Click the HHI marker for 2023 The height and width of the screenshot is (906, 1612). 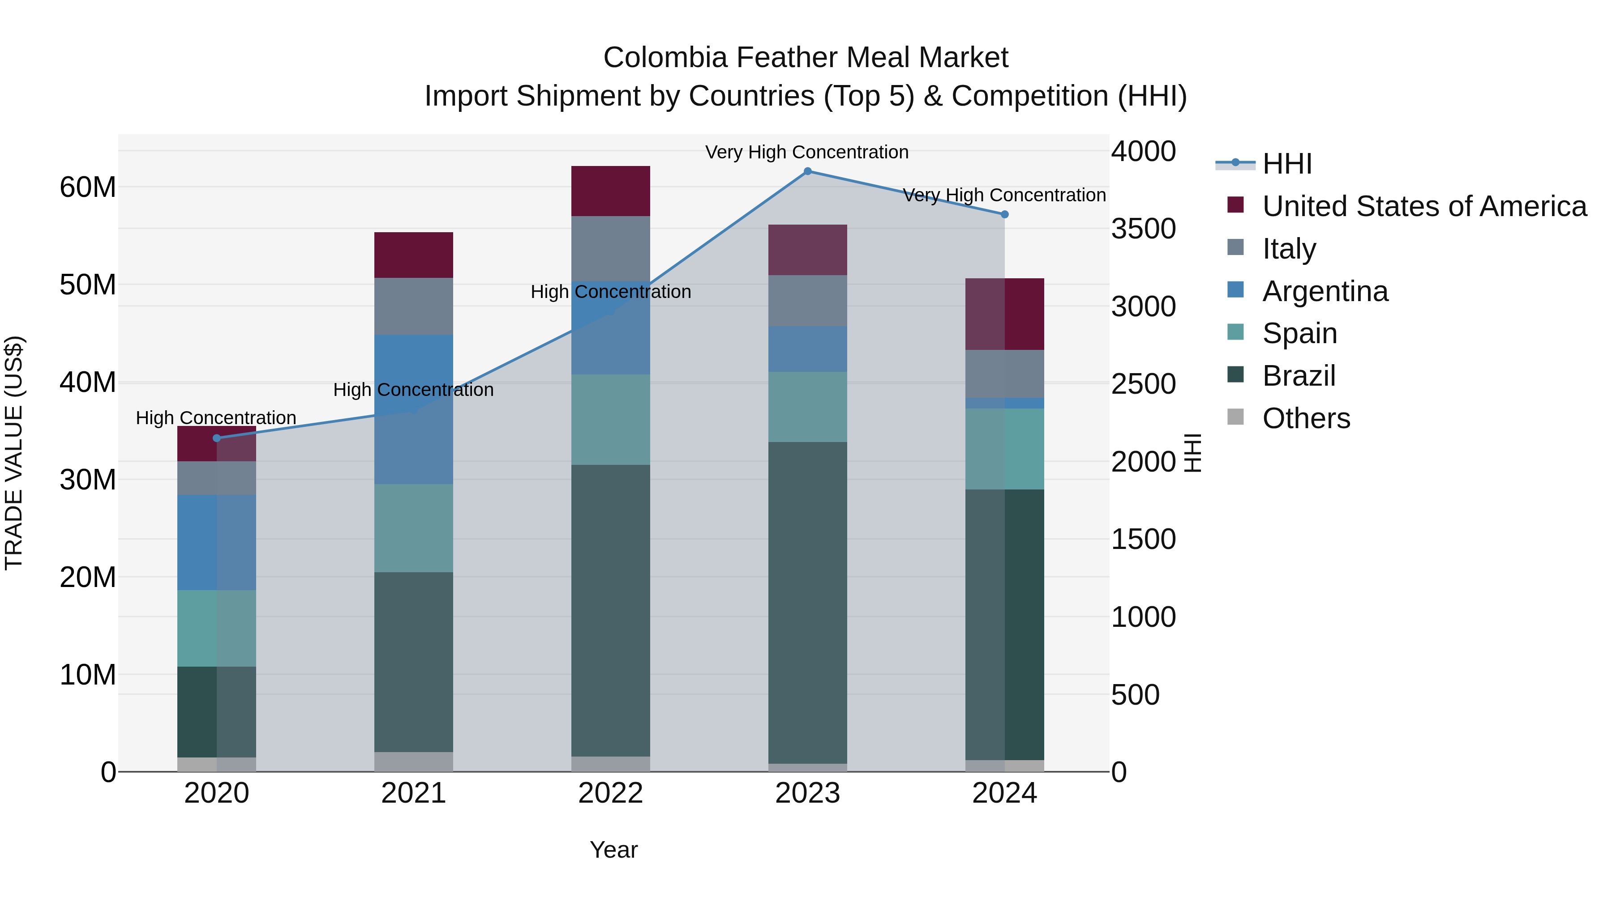tap(807, 171)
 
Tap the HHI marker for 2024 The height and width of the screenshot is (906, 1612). tap(1004, 214)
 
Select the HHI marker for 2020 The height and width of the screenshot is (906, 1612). tap(217, 438)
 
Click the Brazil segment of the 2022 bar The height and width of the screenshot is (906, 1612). tap(610, 610)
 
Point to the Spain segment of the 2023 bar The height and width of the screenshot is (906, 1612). tap(807, 407)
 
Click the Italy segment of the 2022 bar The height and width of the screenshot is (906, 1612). tap(610, 249)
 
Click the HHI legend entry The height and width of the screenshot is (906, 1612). tap(1286, 164)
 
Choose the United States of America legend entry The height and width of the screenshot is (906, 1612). tap(1423, 206)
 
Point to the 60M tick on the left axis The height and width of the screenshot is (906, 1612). tap(88, 187)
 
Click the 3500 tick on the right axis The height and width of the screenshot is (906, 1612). tap(1143, 229)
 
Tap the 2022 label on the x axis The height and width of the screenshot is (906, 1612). tap(610, 793)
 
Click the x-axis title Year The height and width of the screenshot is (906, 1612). tap(613, 850)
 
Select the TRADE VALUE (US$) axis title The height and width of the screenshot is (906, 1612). tap(14, 453)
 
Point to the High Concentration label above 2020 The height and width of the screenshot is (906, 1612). tap(216, 418)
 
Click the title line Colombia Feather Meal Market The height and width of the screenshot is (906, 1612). tap(806, 58)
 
